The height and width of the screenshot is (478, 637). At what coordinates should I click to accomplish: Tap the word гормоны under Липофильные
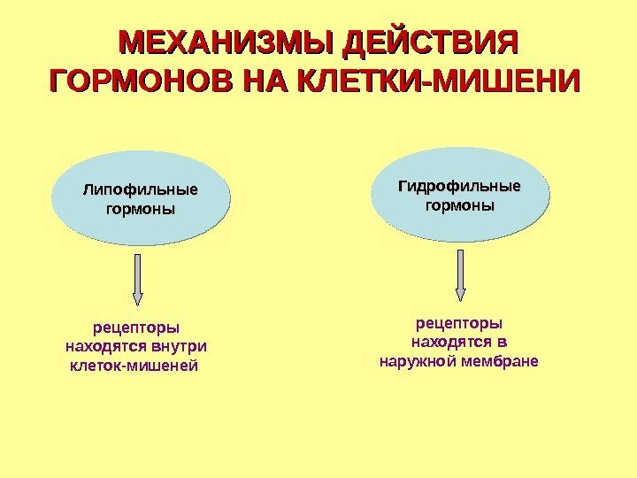point(141,210)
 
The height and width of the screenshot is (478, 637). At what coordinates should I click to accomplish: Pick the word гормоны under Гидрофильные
point(460,205)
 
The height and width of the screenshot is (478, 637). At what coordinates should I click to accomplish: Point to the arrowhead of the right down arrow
point(460,294)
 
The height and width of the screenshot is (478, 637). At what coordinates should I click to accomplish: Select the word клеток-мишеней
point(134,365)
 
